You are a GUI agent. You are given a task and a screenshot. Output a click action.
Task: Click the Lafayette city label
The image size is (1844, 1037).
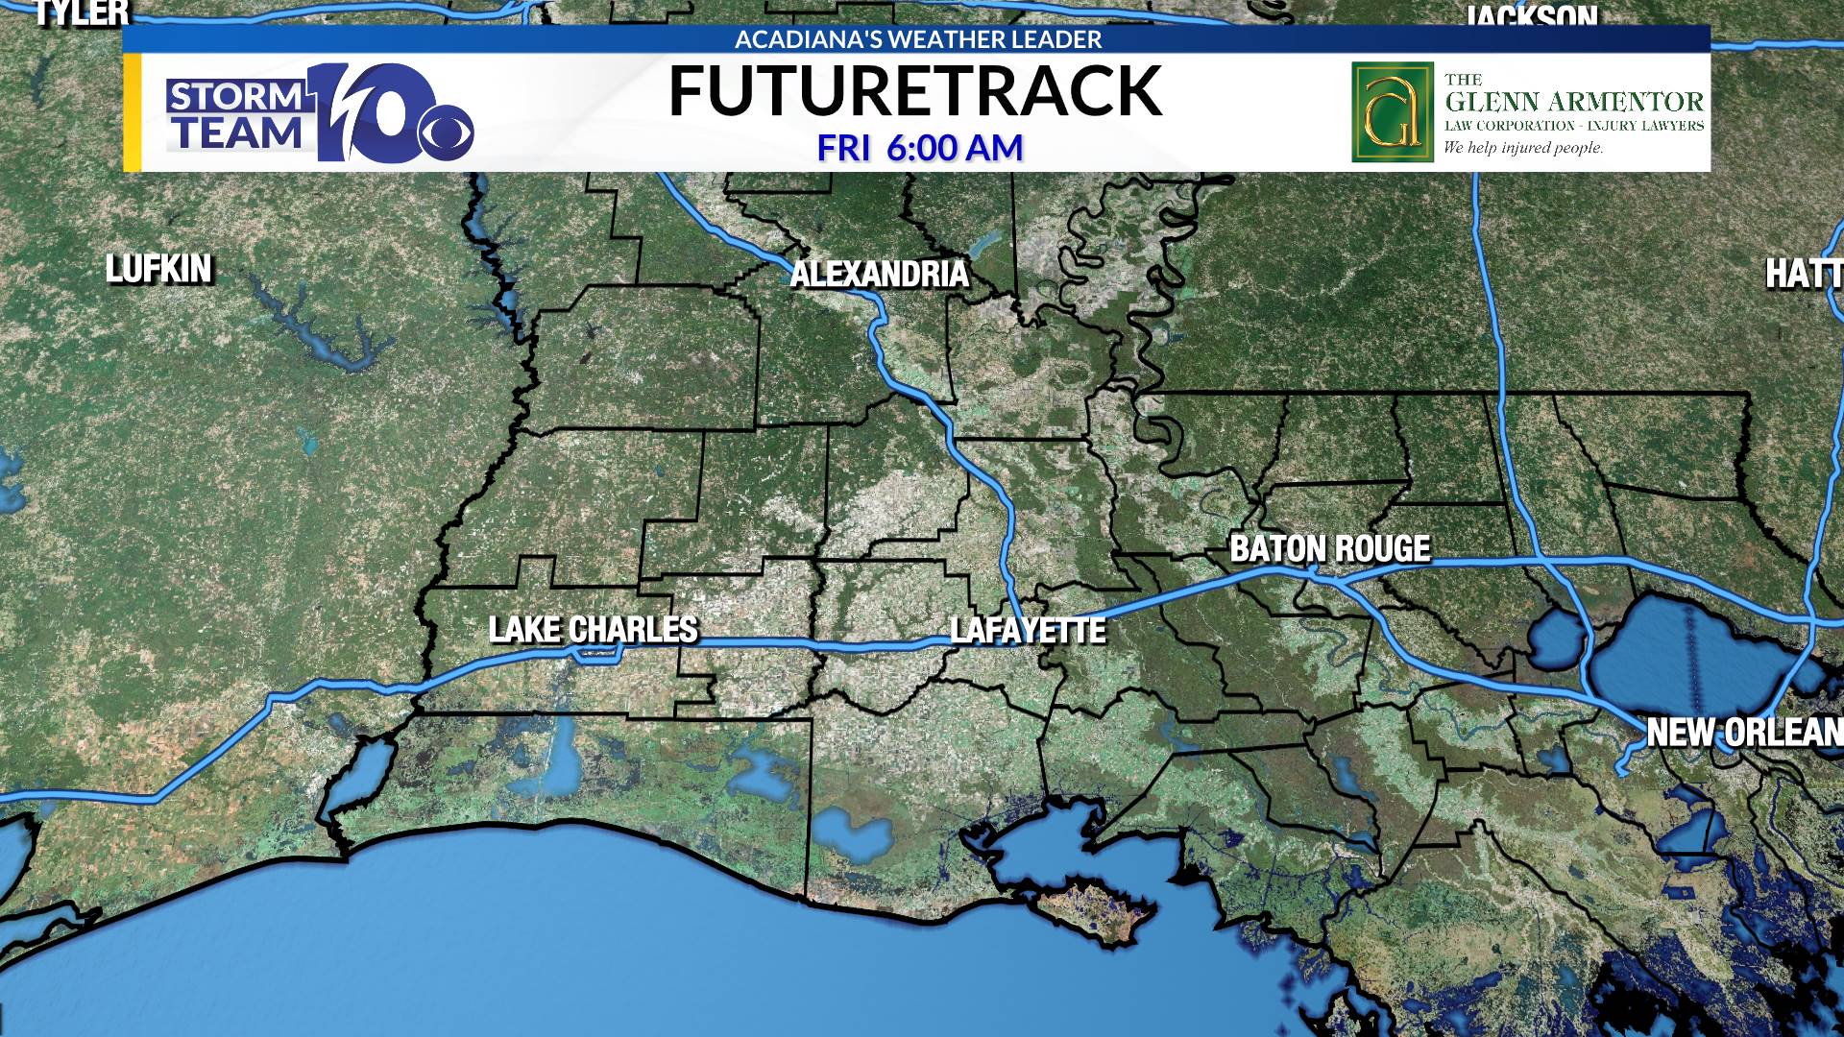click(x=1028, y=631)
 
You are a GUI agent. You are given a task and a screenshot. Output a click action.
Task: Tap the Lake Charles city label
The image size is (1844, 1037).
click(x=594, y=630)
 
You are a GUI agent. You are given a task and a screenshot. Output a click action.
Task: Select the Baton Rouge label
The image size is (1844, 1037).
click(x=1330, y=549)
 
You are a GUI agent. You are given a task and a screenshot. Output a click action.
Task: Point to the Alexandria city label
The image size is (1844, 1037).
click(x=879, y=275)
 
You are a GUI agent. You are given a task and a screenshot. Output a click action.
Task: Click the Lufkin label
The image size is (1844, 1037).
click(x=158, y=270)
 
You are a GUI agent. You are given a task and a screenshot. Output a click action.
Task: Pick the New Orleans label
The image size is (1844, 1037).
click(x=1743, y=733)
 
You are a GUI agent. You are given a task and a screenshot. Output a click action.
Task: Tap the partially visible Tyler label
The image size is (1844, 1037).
click(x=82, y=12)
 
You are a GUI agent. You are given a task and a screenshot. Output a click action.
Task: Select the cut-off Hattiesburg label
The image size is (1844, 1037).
click(x=1804, y=275)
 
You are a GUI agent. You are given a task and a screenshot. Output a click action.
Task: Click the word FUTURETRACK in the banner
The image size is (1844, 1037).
click(x=914, y=92)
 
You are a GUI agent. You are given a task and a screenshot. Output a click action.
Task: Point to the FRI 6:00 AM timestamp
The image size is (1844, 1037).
click(x=919, y=149)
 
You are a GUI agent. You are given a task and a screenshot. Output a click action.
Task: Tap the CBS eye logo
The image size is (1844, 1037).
click(x=447, y=136)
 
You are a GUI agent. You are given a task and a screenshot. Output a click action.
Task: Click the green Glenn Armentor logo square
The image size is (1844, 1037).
click(x=1392, y=112)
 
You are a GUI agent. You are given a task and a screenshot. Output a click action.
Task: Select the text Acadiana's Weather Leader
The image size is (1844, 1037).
click(x=918, y=39)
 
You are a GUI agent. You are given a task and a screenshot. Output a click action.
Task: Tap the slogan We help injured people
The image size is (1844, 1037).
click(x=1523, y=148)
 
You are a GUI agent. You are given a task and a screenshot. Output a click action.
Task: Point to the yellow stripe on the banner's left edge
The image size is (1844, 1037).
click(x=133, y=112)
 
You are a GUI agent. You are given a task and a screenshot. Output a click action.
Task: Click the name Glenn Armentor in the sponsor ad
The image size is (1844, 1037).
click(x=1574, y=102)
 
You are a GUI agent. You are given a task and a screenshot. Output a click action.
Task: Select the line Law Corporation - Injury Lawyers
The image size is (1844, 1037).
click(x=1574, y=126)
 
